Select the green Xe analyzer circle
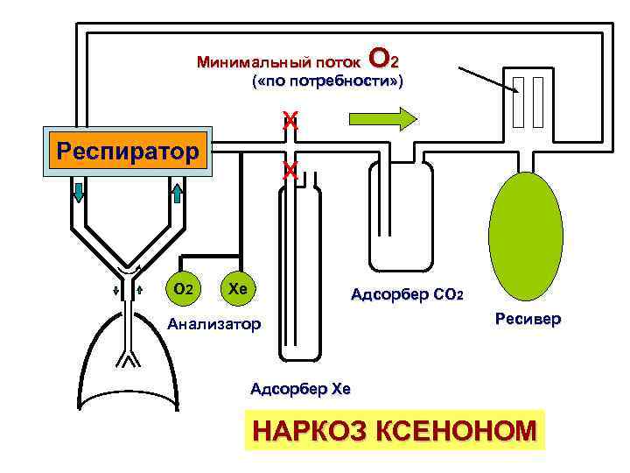(236, 287)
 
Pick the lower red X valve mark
(290, 171)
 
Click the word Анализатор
(214, 325)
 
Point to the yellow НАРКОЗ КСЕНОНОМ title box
(395, 430)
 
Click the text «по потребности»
(327, 81)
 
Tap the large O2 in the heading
(385, 59)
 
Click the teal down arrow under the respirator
(79, 192)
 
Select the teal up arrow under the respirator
(176, 192)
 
